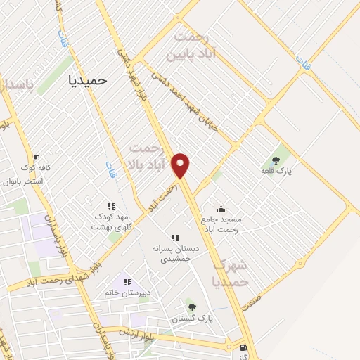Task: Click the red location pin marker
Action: [x=181, y=165]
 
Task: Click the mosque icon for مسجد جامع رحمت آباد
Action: [x=221, y=209]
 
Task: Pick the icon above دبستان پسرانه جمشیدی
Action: [x=175, y=238]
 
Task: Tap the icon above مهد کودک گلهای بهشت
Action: [x=111, y=206]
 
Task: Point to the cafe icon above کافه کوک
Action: [x=36, y=157]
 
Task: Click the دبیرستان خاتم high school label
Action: [x=129, y=292]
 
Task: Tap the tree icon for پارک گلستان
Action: [x=191, y=307]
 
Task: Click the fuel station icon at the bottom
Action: [x=243, y=347]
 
